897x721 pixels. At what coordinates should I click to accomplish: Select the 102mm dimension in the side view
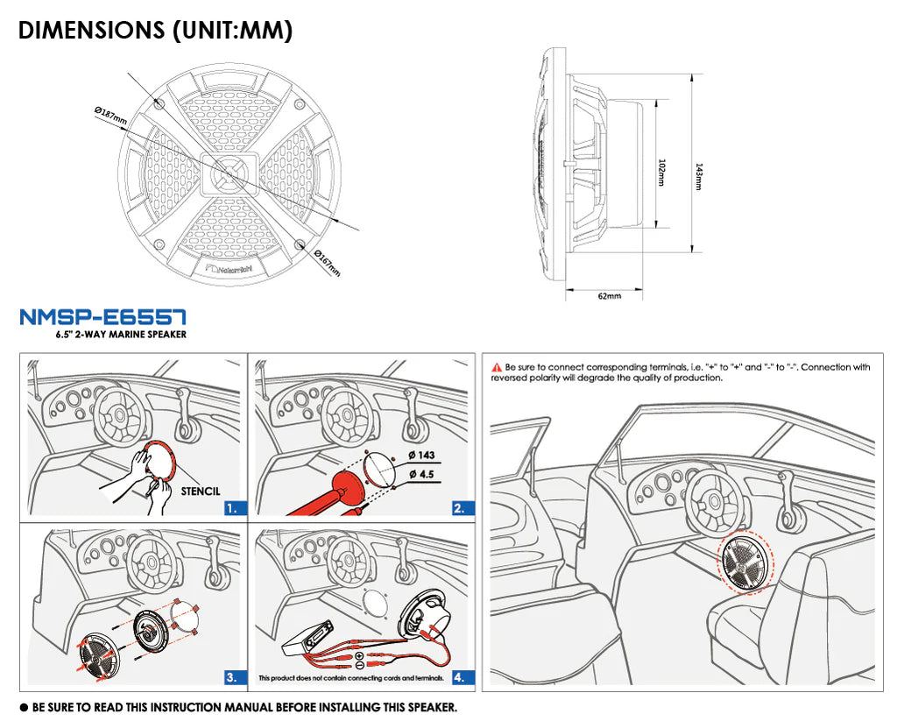point(660,171)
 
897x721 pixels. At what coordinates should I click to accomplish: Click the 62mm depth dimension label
point(609,296)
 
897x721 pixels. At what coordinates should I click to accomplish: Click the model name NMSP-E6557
point(102,316)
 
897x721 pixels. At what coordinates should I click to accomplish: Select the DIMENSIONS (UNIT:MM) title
point(156,30)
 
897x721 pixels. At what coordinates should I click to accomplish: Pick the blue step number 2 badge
point(458,507)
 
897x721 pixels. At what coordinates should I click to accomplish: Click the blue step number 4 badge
point(458,676)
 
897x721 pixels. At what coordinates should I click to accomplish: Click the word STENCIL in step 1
point(201,491)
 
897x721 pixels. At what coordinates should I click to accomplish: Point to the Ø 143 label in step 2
point(421,456)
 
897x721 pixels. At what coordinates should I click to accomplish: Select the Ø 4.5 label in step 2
point(421,474)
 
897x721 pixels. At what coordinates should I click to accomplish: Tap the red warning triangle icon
point(497,367)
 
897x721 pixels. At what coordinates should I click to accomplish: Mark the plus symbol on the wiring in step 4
point(359,656)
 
